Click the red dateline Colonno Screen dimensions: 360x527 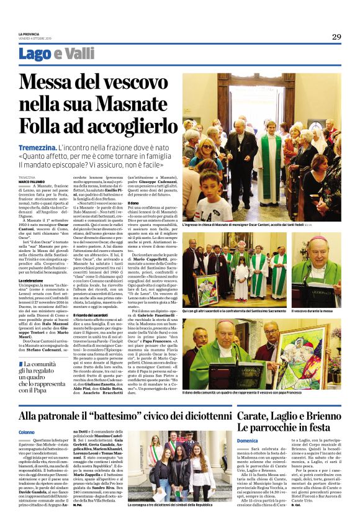(x=27, y=431)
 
